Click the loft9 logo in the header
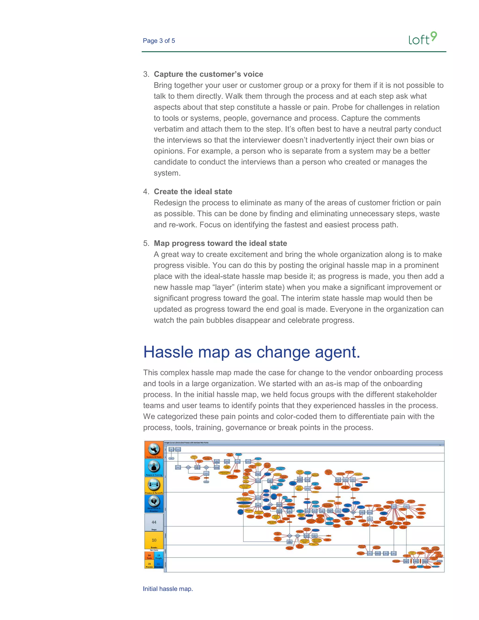coord(423,39)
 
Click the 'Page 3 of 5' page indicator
coord(159,41)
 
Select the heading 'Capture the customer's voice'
coord(208,74)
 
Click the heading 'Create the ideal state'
coord(193,192)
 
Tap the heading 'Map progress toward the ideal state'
coord(220,243)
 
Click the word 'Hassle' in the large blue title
coord(168,352)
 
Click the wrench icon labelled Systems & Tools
coord(154,449)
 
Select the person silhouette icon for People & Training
coord(154,467)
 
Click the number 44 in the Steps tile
coord(154,522)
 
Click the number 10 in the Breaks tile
coord(154,540)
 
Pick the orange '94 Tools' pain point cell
coord(149,556)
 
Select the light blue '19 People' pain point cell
coord(159,556)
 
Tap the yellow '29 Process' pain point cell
coord(149,565)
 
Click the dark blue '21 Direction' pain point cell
coord(159,565)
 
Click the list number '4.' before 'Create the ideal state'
coord(146,192)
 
